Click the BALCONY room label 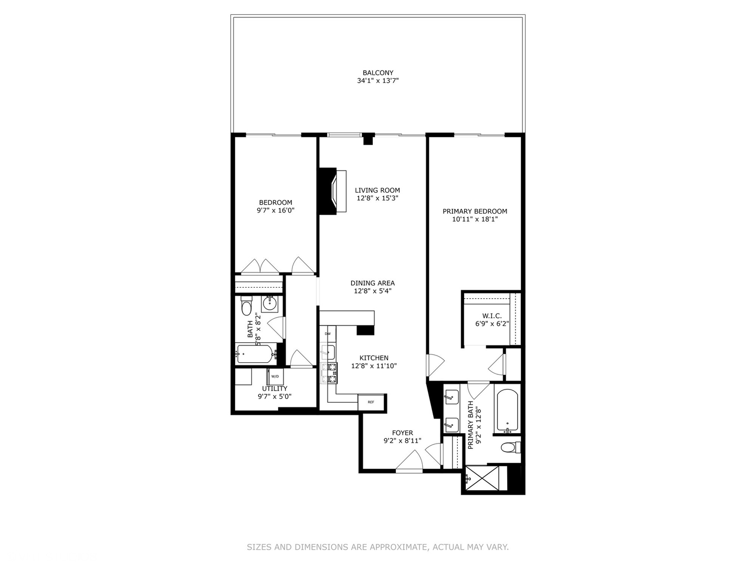tap(377, 73)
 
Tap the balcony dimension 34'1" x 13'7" tap(377, 81)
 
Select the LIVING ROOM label tap(377, 191)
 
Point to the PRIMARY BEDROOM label tap(475, 212)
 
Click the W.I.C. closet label tap(491, 316)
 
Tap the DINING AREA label tap(372, 283)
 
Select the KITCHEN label tap(374, 358)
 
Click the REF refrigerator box tap(371, 402)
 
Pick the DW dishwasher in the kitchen tap(328, 334)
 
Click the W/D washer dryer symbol tap(275, 376)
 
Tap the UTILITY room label tap(275, 388)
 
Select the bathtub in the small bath tap(256, 354)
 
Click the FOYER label tap(402, 433)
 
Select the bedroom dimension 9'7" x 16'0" tap(275, 211)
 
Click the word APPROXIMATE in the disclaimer tap(398, 547)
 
